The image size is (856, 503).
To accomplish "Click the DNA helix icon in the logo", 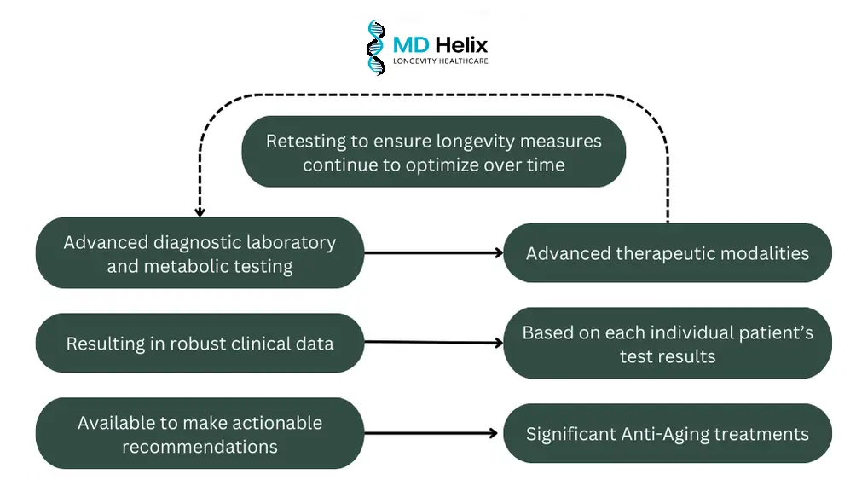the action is (376, 48).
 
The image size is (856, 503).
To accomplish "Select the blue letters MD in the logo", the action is (411, 45).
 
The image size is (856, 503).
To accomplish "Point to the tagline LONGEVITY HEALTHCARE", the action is (441, 61).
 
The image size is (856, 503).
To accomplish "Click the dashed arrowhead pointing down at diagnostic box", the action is (200, 212).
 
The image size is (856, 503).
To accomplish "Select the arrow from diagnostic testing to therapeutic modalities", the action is (433, 253).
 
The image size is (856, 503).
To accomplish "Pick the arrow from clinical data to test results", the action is (433, 343).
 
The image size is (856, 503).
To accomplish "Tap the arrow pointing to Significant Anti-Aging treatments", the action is (431, 433).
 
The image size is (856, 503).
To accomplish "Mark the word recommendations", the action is (200, 447).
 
